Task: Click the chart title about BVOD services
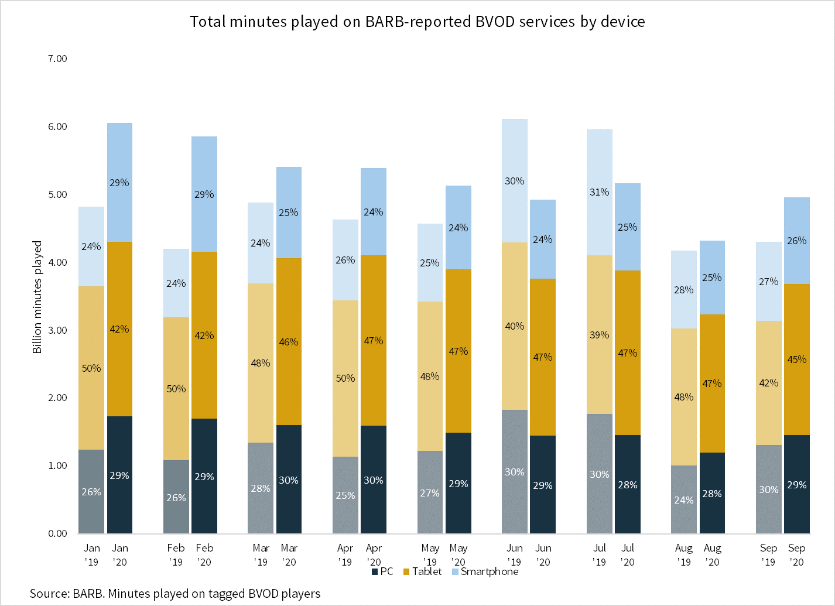[x=417, y=22]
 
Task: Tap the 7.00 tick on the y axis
[x=57, y=59]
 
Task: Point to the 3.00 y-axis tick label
[x=57, y=330]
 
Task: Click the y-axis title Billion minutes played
[x=37, y=297]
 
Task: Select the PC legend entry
[x=382, y=571]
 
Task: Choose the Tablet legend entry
[x=422, y=571]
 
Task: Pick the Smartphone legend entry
[x=485, y=571]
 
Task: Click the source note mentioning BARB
[x=175, y=594]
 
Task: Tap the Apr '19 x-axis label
[x=345, y=555]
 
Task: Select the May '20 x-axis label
[x=458, y=555]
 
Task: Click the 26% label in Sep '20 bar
[x=797, y=241]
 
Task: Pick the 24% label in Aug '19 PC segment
[x=684, y=500]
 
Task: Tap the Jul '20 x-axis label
[x=628, y=555]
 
